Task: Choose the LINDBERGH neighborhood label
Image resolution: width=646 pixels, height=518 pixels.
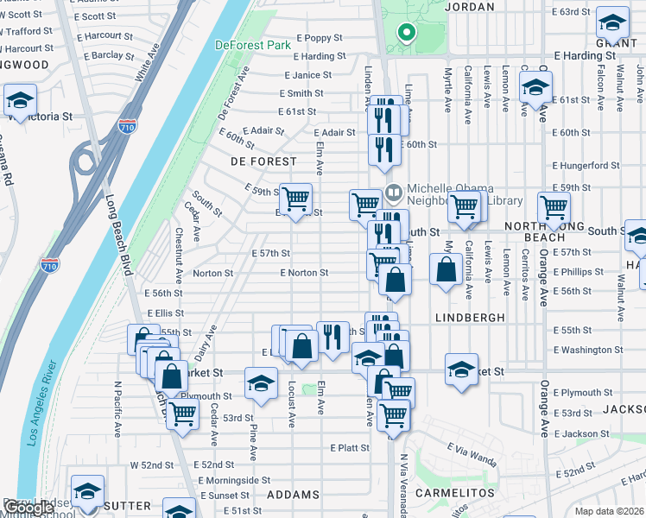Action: (471, 318)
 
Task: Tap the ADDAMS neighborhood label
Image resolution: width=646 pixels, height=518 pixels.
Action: (294, 495)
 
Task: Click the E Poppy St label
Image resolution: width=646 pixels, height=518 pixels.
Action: (320, 38)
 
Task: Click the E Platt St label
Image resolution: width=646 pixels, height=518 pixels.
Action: (350, 448)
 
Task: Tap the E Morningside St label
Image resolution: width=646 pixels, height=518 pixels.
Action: (234, 480)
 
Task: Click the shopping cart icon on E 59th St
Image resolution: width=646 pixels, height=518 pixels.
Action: (296, 199)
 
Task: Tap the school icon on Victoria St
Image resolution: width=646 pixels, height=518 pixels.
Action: (19, 100)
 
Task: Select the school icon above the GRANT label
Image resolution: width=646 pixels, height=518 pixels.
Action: (612, 22)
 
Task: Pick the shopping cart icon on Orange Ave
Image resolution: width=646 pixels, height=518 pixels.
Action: (553, 207)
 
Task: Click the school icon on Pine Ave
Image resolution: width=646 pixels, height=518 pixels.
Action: (260, 382)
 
